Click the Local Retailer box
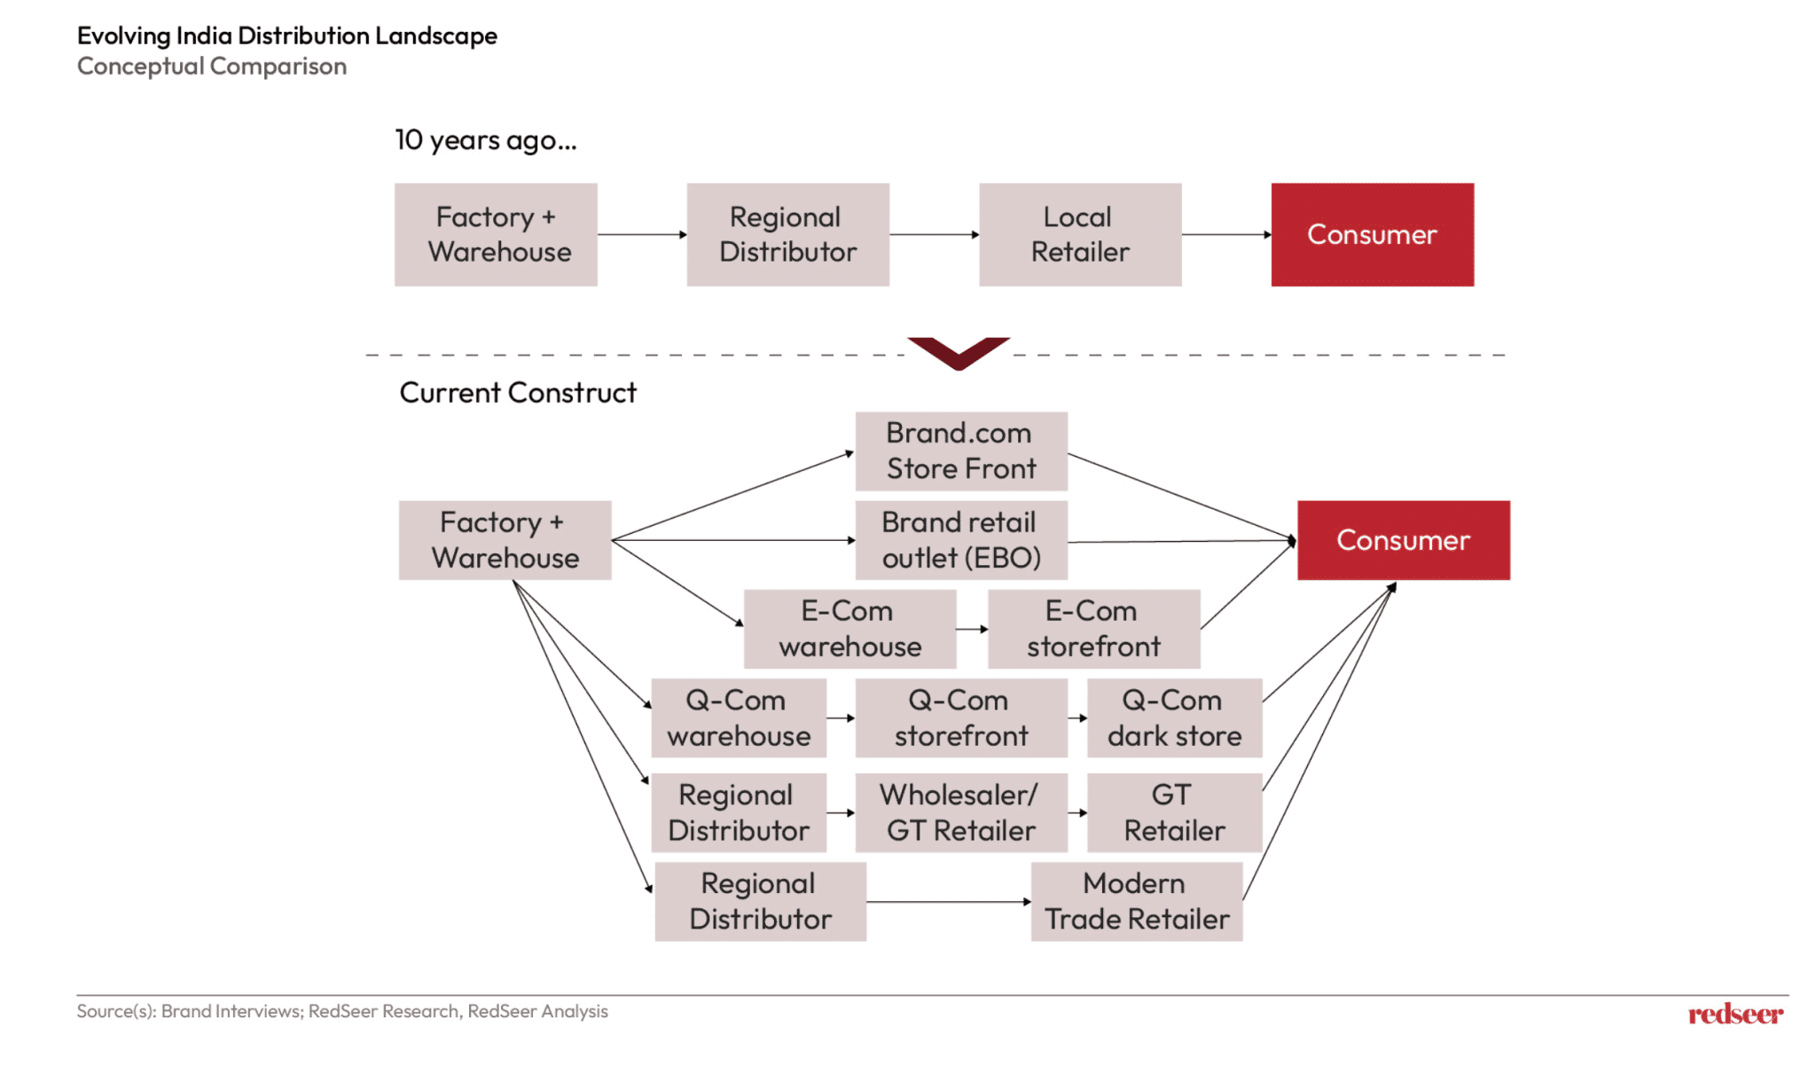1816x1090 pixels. click(1079, 234)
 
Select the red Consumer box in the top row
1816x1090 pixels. click(1372, 234)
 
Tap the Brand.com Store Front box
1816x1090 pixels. click(960, 451)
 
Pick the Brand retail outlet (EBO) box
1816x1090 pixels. click(960, 539)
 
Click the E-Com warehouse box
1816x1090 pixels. click(849, 628)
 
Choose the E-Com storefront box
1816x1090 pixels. click(1093, 628)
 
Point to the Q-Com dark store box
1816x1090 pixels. click(1174, 718)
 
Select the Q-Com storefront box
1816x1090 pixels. click(960, 718)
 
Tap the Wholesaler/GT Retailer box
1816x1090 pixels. click(960, 812)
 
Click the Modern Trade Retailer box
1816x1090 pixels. click(1136, 901)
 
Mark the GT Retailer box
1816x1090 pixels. click(1174, 812)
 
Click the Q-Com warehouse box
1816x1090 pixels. click(738, 718)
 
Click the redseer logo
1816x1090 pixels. click(1734, 1014)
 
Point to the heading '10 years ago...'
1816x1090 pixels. click(485, 140)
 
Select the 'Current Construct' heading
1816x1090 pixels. click(517, 392)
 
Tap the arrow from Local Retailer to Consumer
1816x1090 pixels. click(1225, 235)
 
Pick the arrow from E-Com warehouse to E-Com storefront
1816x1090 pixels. click(972, 629)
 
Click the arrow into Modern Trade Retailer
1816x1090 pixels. click(948, 902)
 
